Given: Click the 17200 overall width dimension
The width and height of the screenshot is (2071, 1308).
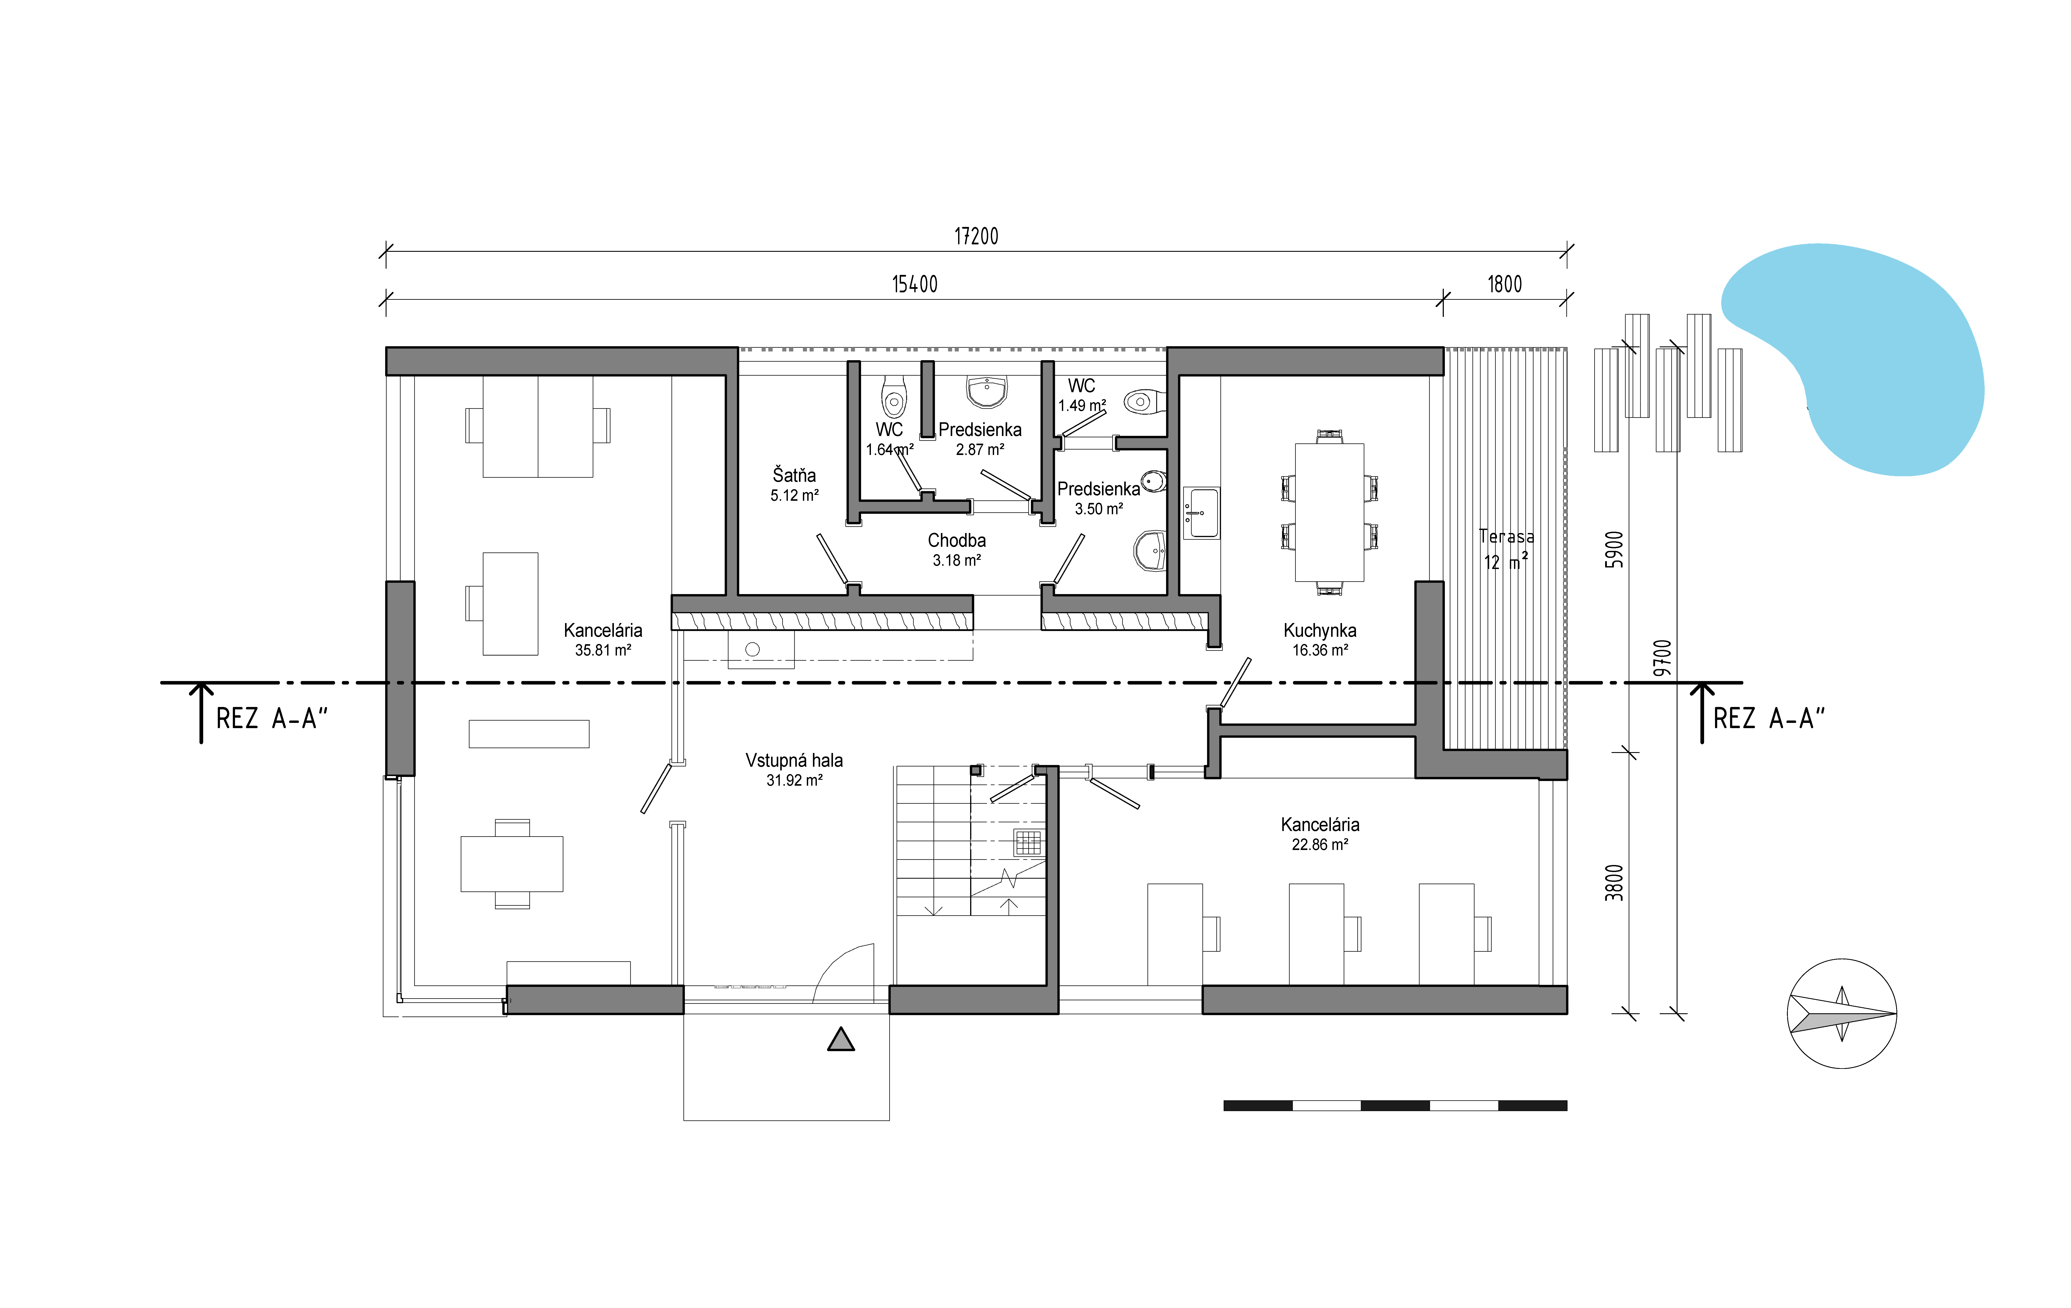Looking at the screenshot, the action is click(976, 237).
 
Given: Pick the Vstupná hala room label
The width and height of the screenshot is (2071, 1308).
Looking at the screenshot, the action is click(794, 760).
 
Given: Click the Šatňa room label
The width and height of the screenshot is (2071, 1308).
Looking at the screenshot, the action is click(794, 475).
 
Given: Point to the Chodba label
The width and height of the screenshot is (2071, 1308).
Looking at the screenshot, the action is click(956, 540).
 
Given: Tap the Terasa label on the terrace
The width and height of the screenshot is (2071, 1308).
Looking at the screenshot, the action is click(1506, 537).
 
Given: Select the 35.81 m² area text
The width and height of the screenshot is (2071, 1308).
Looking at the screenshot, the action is click(603, 650).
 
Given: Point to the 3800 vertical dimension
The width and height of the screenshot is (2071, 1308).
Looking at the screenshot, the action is click(1614, 883).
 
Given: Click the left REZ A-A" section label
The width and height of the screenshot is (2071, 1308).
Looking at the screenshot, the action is click(272, 718).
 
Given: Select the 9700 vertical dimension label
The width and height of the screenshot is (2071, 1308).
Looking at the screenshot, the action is click(1662, 658).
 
